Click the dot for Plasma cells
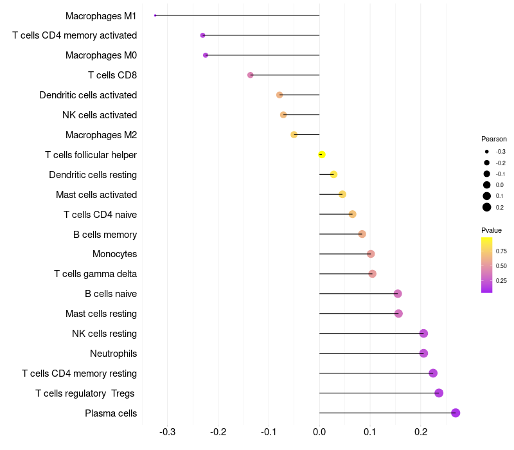tap(456, 413)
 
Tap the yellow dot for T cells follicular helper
tap(322, 154)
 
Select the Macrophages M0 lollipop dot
tap(206, 55)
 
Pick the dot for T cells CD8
tap(251, 75)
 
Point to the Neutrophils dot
tap(423, 353)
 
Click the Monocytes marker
tap(371, 254)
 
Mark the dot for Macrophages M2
tap(294, 135)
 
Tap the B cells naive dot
tap(398, 294)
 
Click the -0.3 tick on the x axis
tap(168, 431)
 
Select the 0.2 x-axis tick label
tap(420, 431)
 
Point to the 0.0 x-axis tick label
tap(319, 431)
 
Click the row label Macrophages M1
tap(101, 15)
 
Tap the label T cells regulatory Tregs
tap(85, 393)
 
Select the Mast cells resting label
tap(101, 314)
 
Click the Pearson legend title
tap(493, 139)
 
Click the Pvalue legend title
tap(491, 230)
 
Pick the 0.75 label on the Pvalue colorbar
tap(501, 251)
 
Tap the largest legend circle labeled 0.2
tap(487, 207)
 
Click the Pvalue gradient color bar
tap(486, 265)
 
